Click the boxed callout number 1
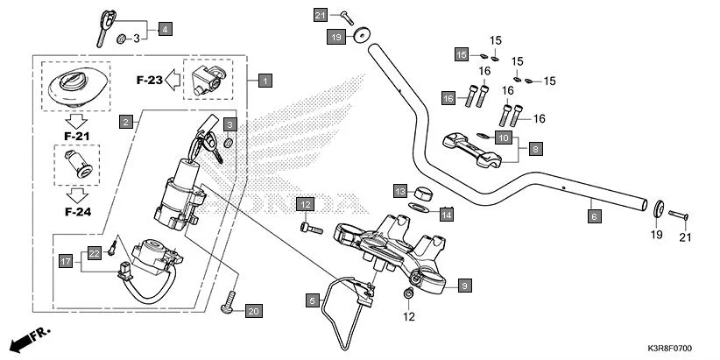coord(265,80)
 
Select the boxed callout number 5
coord(312,300)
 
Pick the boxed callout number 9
coord(464,285)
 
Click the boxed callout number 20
coord(253,311)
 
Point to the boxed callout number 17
coord(65,260)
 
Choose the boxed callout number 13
coord(399,191)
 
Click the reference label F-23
coord(151,80)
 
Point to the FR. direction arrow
coord(26,337)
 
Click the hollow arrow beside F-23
coord(175,80)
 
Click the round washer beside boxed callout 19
coord(360,37)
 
